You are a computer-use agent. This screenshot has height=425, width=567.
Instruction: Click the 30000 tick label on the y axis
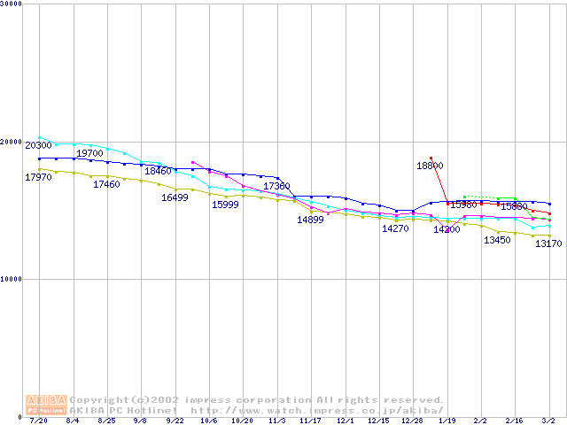pos(12,4)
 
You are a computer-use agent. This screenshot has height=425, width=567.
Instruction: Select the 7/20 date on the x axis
pos(38,421)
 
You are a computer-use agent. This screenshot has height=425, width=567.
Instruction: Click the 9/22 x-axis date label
pos(175,421)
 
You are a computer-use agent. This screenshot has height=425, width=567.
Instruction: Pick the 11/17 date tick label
pos(311,421)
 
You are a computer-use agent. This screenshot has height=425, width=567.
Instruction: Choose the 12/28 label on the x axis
pos(412,421)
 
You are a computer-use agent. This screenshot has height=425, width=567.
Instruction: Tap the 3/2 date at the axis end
pos(548,421)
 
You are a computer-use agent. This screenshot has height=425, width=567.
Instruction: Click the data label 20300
pos(38,145)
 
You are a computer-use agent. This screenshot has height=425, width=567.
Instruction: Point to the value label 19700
pos(90,154)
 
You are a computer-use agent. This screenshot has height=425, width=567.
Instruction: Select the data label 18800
pos(431,166)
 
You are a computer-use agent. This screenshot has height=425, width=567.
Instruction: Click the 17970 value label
pos(38,178)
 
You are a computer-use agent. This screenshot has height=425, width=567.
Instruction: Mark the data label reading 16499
pos(175,198)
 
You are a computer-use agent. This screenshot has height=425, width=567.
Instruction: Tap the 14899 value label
pos(311,220)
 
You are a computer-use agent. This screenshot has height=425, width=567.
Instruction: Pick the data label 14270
pos(395,228)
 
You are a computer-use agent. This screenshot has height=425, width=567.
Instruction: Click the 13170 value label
pos(548,244)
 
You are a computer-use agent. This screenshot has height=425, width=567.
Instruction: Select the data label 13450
pos(497,240)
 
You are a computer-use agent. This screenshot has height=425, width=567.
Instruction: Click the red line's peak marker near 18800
pos(431,158)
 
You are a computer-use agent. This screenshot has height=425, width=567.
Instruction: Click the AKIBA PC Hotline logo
pos(45,405)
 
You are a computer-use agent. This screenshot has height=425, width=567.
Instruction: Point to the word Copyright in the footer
pos(99,400)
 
